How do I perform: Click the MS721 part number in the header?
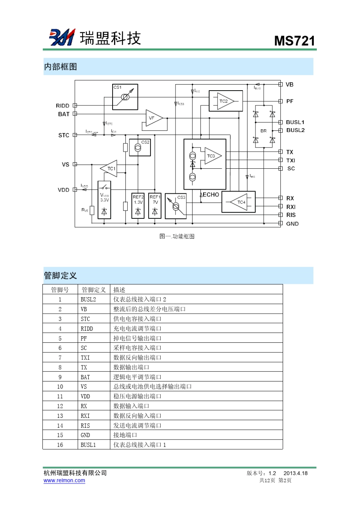tap(294, 41)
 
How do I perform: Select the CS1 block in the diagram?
tap(125, 97)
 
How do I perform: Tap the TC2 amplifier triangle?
tap(225, 101)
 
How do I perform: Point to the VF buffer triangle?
tap(153, 118)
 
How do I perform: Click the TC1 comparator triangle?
tap(110, 169)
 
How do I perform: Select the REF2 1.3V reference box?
tap(138, 206)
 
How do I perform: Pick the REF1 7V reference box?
tap(155, 206)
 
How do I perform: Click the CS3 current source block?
tap(176, 206)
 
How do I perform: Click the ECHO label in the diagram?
tap(211, 195)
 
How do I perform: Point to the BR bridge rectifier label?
tap(263, 131)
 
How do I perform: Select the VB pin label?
tap(290, 85)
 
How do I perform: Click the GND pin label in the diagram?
tap(292, 224)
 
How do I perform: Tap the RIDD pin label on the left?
tap(63, 106)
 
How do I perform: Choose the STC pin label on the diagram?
tap(64, 135)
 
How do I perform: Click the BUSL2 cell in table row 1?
tap(88, 300)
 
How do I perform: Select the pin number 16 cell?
tap(60, 445)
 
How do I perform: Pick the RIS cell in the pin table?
tap(85, 425)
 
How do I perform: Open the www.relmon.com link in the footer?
tap(64, 480)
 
